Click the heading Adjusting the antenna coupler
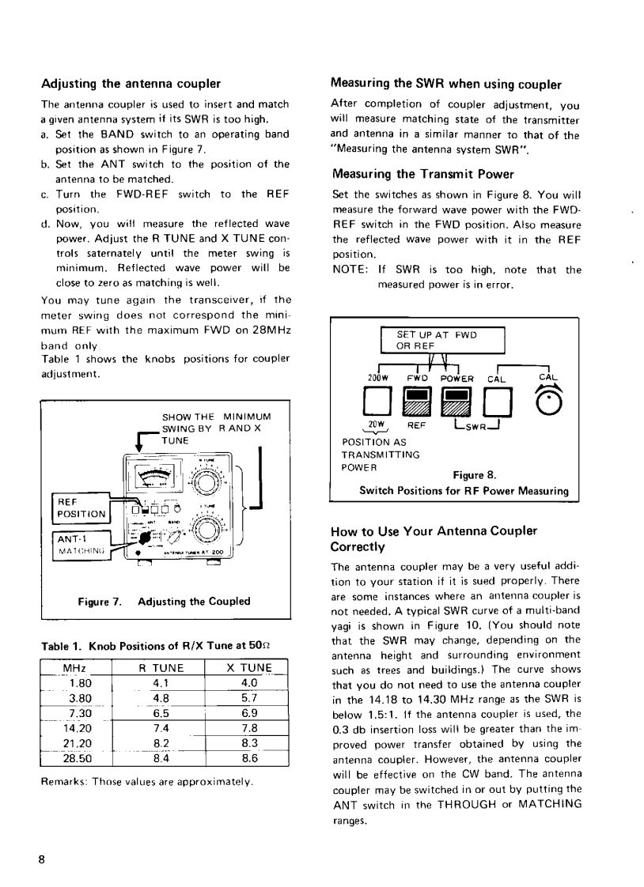point(130,84)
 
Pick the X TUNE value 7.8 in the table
point(248,729)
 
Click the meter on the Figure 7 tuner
point(158,477)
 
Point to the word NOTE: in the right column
point(349,270)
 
